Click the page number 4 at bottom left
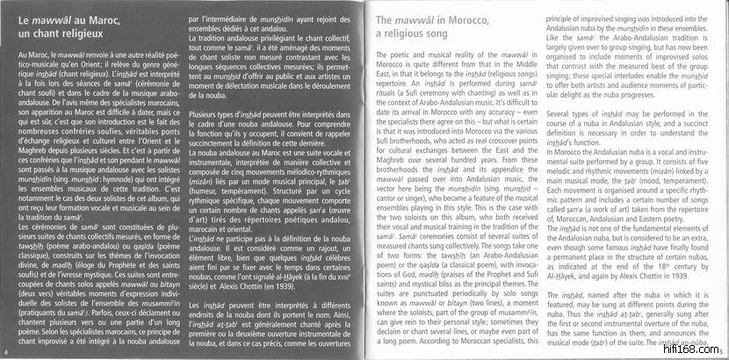tap(6, 354)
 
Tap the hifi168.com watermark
tap(693, 349)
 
